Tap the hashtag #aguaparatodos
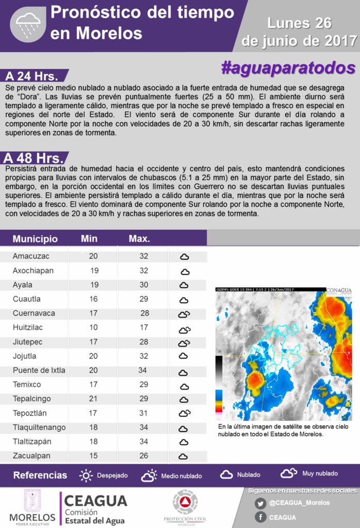click(288, 68)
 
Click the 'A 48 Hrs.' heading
click(34, 158)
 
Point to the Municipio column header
click(35, 239)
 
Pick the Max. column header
click(139, 239)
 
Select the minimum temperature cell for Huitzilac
click(93, 327)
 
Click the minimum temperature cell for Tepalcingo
click(93, 399)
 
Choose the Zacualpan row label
click(31, 455)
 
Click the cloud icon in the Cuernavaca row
click(184, 314)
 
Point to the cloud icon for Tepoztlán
click(184, 413)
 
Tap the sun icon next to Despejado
click(86, 475)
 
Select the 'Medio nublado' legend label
click(181, 475)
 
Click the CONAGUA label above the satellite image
click(338, 290)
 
